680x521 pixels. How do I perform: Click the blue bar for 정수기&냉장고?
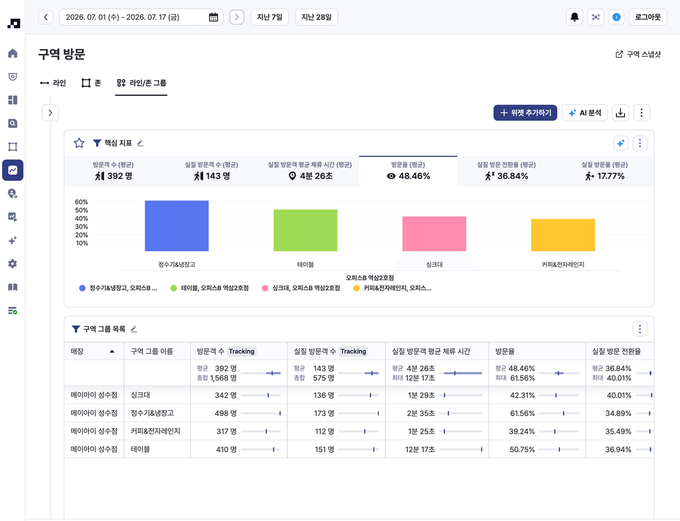176,226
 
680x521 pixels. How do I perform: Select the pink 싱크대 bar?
434,234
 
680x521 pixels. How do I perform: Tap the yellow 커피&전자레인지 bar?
563,235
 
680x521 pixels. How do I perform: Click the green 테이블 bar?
305,230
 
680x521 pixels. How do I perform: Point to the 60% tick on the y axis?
82,202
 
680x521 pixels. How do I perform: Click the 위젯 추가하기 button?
525,113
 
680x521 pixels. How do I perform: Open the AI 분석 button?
584,113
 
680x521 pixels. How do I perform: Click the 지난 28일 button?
316,17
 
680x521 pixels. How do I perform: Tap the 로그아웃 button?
648,17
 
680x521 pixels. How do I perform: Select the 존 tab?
91,83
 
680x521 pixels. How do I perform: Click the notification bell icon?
574,17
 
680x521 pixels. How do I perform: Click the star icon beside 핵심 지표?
79,143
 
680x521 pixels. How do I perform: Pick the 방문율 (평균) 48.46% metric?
408,171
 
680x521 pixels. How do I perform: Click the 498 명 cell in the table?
226,413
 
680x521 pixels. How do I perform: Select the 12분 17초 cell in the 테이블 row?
420,450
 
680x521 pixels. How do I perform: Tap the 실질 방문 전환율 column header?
616,351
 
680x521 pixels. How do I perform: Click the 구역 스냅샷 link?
638,54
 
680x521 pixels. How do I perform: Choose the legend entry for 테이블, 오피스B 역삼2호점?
210,288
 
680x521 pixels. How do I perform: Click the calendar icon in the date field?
214,17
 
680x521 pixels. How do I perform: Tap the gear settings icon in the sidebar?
12,264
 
